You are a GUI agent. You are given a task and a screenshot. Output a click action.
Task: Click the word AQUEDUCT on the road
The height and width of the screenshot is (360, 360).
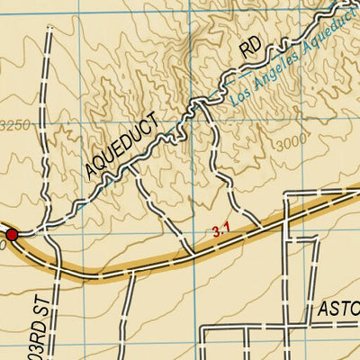[x=121, y=144]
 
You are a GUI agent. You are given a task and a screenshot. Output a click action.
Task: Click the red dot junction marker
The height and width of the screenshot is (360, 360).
[x=12, y=234]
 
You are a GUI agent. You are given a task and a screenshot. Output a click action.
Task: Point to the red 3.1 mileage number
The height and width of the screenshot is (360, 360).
[x=222, y=231]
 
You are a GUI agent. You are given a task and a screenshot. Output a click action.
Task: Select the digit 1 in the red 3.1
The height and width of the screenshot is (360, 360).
[x=229, y=230]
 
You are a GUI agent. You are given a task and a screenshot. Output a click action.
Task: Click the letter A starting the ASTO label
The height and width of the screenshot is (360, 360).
[x=323, y=310]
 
